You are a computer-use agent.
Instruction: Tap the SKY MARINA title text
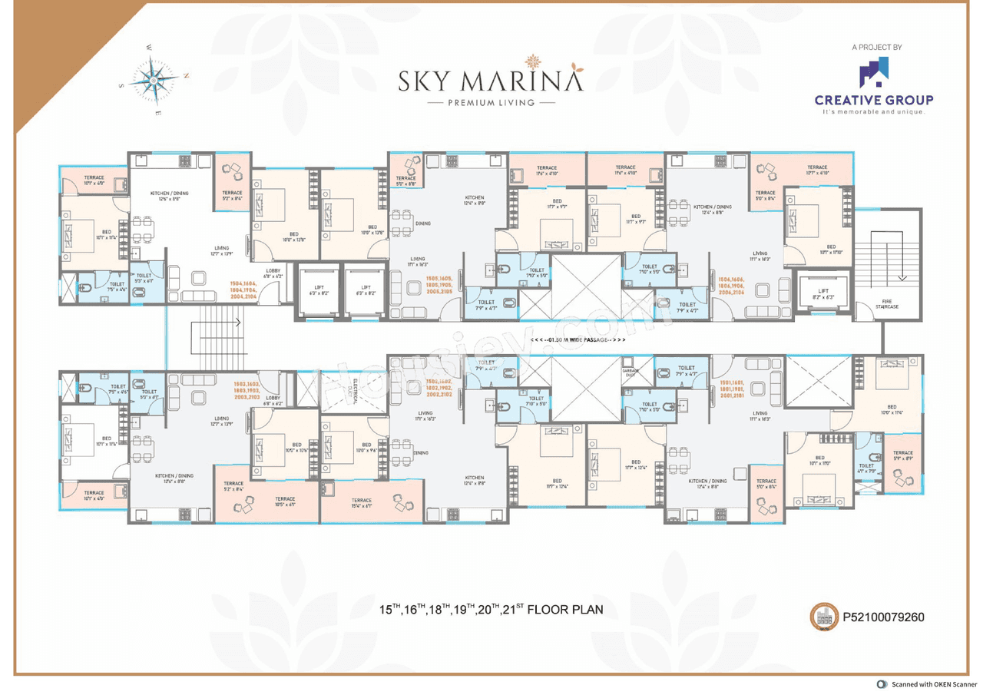491,80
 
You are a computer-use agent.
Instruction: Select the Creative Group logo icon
874,73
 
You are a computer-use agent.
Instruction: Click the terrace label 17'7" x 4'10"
817,170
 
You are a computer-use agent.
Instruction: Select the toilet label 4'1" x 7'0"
866,468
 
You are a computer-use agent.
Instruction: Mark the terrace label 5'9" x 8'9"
903,456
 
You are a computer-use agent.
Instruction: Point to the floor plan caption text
491,610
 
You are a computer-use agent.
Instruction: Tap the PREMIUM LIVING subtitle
491,102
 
